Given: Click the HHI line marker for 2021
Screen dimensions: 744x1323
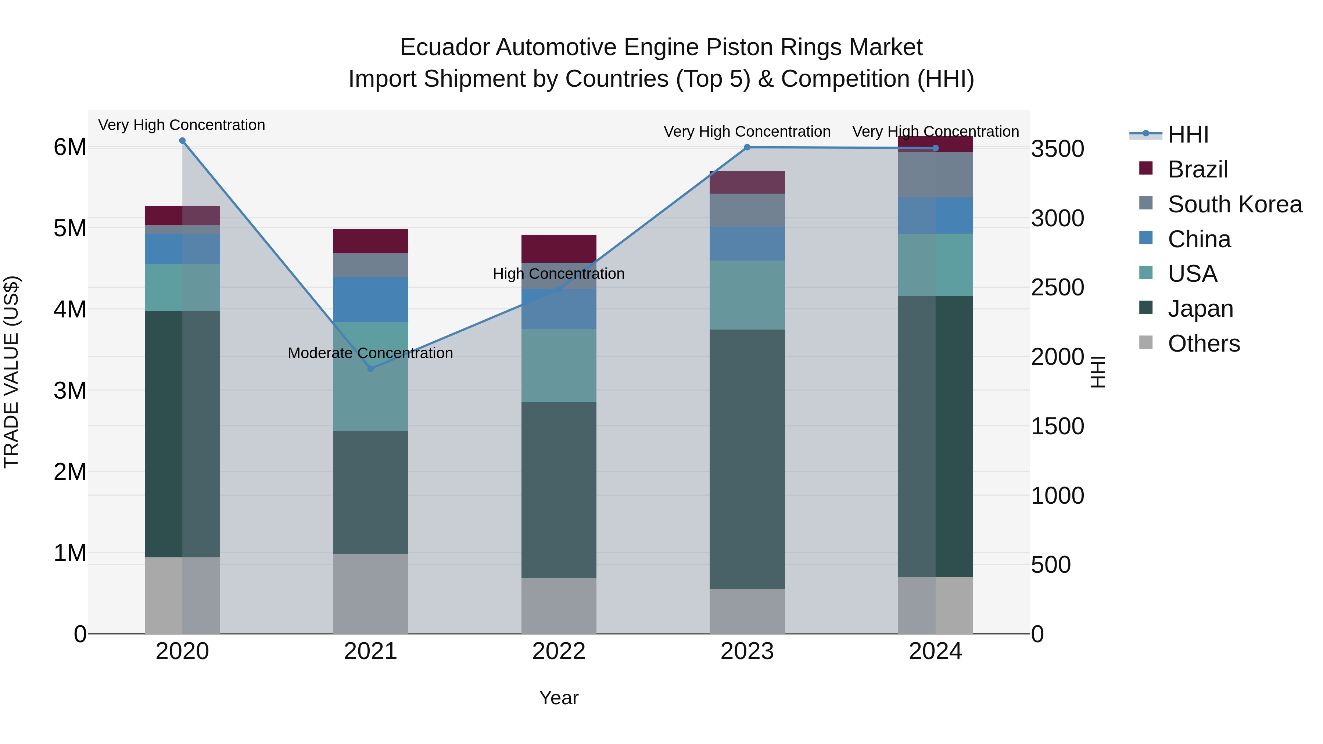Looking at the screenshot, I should pos(370,369).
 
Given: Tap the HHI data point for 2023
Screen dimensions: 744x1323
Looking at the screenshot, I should pos(747,147).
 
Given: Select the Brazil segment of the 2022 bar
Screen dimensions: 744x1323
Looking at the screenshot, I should pos(559,248).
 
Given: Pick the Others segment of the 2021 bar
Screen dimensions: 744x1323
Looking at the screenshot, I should pos(370,594).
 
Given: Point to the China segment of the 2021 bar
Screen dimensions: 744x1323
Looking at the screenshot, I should pos(370,299).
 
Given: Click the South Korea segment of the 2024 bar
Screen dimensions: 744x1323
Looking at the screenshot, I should pos(935,175).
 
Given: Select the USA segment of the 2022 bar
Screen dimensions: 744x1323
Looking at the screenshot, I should pos(559,366).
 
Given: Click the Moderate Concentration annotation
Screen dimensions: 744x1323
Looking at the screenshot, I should pos(370,353).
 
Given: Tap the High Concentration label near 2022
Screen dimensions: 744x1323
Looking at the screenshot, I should pos(559,274).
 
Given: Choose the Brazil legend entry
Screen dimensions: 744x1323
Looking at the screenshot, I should pos(1198,169).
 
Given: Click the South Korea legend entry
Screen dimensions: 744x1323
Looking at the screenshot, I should pos(1235,204).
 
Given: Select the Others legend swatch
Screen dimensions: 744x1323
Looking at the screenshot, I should pos(1146,342).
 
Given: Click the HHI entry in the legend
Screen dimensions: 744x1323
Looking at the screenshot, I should pos(1188,134).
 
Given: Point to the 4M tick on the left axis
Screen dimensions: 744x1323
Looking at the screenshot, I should pos(70,309).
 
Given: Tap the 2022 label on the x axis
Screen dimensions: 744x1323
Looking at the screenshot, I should pos(559,651).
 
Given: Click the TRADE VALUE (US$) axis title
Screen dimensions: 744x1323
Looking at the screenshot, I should pos(11,372).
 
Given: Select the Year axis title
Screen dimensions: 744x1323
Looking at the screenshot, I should pos(559,698).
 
